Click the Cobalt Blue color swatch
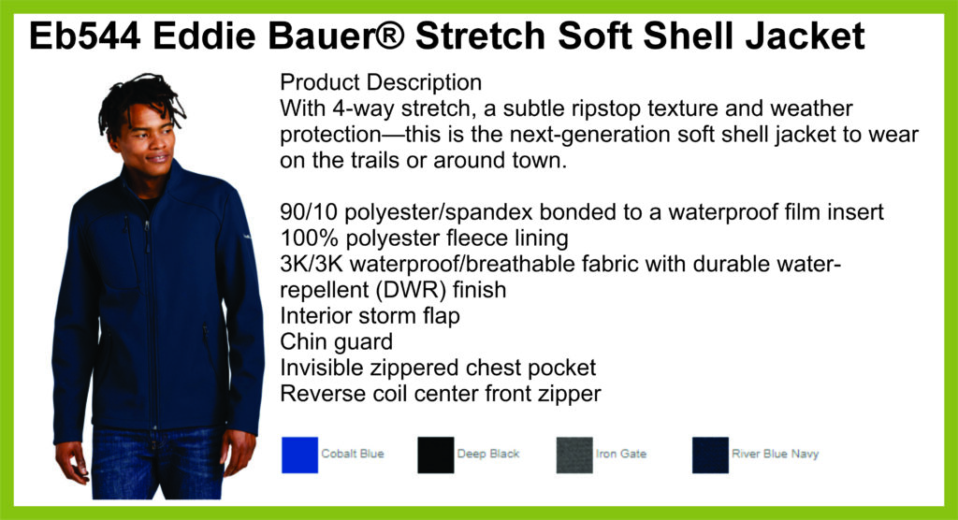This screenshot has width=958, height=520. (299, 455)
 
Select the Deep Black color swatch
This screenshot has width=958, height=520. (436, 455)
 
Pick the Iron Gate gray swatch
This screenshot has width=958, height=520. (574, 455)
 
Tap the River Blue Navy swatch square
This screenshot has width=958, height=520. (710, 455)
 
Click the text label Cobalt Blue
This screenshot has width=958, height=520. (353, 454)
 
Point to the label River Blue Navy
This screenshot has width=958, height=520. (775, 454)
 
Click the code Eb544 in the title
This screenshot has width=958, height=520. (84, 36)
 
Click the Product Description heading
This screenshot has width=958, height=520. (381, 82)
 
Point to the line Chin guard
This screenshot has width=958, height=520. (336, 341)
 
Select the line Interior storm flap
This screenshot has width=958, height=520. (370, 315)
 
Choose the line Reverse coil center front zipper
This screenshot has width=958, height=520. (441, 394)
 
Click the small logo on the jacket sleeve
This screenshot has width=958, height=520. (247, 237)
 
